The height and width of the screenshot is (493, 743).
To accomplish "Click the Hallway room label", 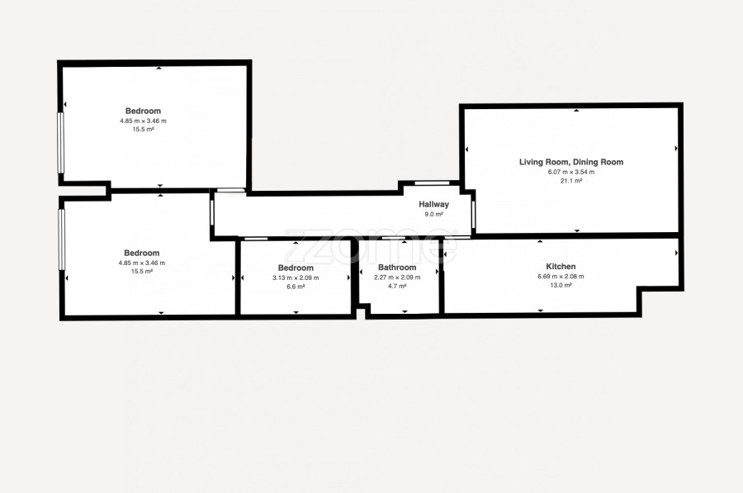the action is [x=433, y=204].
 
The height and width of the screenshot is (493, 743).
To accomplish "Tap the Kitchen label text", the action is [x=561, y=267].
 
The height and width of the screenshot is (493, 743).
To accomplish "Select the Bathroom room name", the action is [x=397, y=268].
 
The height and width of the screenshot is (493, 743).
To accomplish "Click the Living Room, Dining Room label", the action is [x=571, y=162].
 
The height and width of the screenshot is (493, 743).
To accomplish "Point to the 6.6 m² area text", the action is [x=296, y=287].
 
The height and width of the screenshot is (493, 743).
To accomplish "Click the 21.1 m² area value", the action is [x=571, y=181].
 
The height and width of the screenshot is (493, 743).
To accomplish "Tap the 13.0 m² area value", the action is [x=561, y=286].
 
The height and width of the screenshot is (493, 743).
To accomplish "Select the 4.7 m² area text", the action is [x=397, y=286].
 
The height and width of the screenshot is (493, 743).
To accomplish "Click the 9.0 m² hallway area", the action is [x=433, y=214].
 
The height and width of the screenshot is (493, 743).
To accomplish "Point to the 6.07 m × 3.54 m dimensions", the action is [x=571, y=172].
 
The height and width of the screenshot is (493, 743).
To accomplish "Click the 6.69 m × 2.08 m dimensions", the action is [x=561, y=277].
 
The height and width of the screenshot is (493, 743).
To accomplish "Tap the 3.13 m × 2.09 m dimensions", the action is [x=296, y=277].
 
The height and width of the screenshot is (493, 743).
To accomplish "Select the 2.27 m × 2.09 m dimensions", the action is [x=397, y=277].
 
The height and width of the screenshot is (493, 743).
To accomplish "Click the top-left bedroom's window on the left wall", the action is [x=60, y=143].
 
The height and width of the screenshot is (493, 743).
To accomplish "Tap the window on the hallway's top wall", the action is [x=432, y=183].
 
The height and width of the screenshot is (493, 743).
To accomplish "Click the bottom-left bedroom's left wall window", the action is [x=62, y=239].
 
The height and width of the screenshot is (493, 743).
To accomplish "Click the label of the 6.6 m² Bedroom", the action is [x=296, y=268].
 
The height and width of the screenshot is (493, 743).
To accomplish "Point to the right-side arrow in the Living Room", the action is [x=676, y=149].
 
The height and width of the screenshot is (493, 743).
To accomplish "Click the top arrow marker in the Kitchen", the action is [x=540, y=242].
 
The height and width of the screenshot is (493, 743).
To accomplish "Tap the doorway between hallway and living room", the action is [x=473, y=214].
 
